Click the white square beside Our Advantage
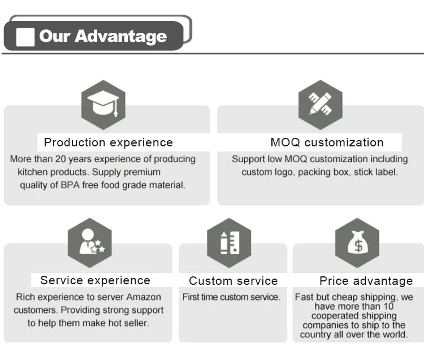(x=25, y=37)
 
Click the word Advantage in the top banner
(x=121, y=37)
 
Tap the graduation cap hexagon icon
(x=103, y=105)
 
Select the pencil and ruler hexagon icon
(x=321, y=105)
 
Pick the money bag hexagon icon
(x=357, y=242)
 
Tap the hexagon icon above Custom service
(x=228, y=242)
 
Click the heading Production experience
(x=108, y=142)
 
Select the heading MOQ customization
(x=327, y=142)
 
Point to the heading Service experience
(x=95, y=280)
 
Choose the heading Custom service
(x=233, y=281)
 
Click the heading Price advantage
(x=366, y=281)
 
